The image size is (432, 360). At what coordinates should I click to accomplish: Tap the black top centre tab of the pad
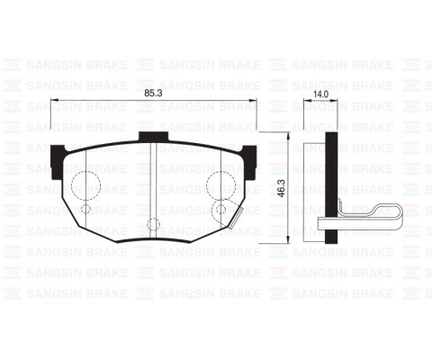coord(157,137)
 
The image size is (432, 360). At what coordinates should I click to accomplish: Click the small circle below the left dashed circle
coord(86,210)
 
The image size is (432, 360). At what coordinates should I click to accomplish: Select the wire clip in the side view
coord(360,216)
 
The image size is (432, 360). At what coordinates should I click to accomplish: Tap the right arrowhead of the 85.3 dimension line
coord(254,100)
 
